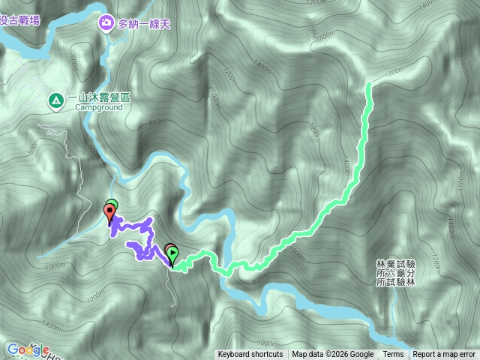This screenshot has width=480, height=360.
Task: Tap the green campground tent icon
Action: [x=55, y=99]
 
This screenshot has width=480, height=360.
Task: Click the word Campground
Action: [x=97, y=107]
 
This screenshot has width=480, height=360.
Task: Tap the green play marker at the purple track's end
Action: [x=173, y=255]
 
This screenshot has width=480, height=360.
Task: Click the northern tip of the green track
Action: [x=369, y=85]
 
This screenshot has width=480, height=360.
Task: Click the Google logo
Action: [x=28, y=349]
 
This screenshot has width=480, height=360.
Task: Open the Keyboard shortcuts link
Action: [x=250, y=355]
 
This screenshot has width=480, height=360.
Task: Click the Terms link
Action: [x=393, y=355]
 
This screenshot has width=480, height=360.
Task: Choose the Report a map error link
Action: [x=444, y=355]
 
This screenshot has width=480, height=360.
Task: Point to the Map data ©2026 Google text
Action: [x=333, y=355]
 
